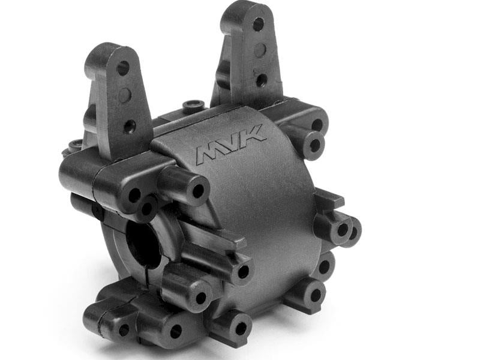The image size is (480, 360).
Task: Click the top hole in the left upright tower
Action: coord(122,68)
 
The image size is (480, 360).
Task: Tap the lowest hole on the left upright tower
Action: coord(129,125)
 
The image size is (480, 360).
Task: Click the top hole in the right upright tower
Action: coord(258,25)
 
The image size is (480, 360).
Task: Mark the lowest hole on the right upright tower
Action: coord(262,79)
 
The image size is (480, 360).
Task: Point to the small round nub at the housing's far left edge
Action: coord(76,144)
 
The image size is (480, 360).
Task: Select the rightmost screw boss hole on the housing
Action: coord(354,230)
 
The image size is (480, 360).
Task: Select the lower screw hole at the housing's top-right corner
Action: coord(313,145)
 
